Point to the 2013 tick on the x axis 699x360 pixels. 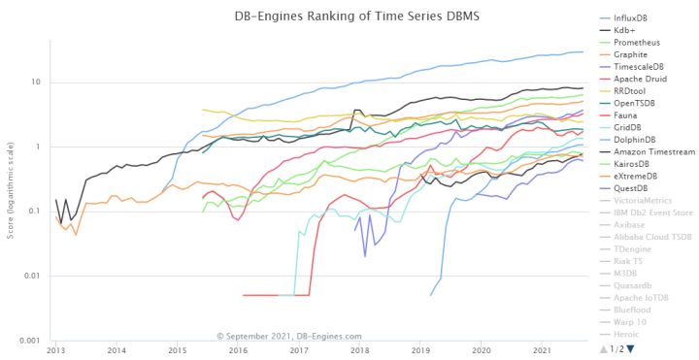tap(55, 350)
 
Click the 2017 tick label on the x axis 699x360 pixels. tap(298, 350)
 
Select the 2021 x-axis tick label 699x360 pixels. tap(541, 350)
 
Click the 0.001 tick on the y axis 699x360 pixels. tap(29, 341)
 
